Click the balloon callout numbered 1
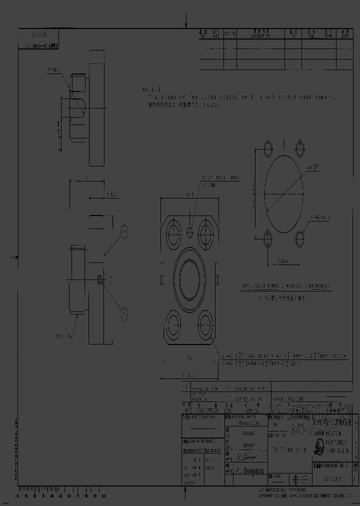pos(124,231)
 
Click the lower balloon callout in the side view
pos(124,313)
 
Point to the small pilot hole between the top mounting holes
pos(190,232)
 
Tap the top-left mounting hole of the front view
pos(174,231)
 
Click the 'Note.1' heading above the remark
pos(149,90)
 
